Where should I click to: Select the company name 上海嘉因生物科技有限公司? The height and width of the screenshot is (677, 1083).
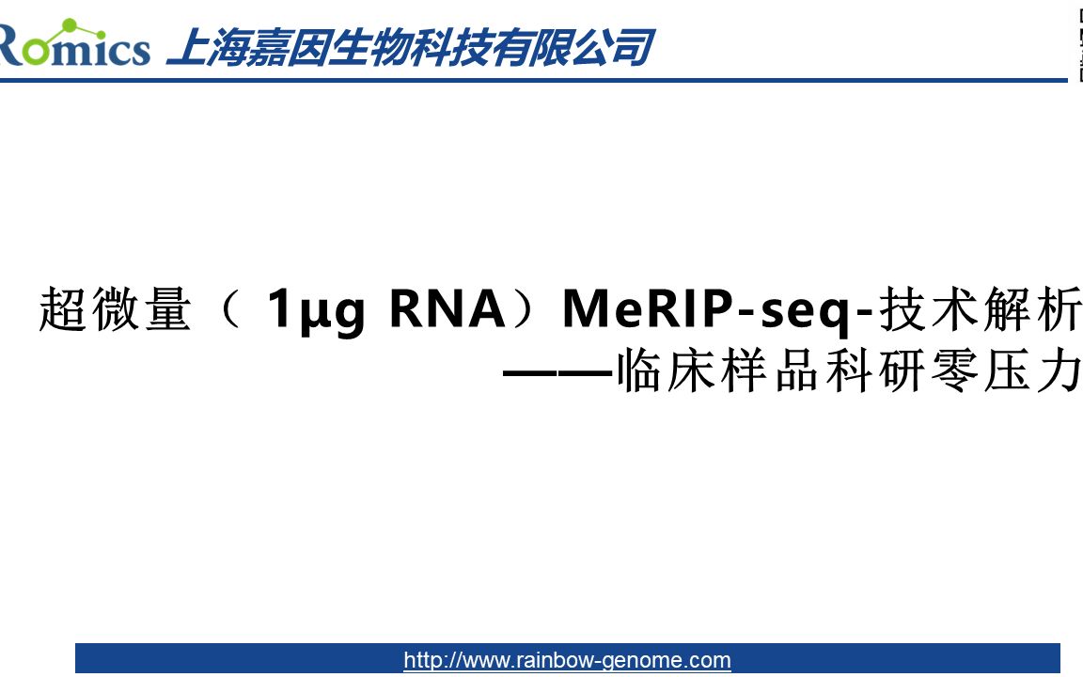(409, 47)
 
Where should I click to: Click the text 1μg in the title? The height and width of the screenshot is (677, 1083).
(316, 310)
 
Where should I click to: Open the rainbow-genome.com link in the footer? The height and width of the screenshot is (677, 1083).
(567, 660)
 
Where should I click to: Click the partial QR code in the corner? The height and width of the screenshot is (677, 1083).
(1076, 42)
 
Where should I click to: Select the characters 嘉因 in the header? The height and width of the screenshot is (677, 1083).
(287, 47)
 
